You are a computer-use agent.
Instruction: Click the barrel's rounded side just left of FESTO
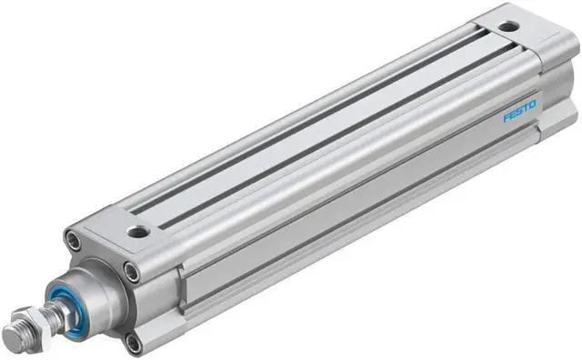[x=455, y=145]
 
